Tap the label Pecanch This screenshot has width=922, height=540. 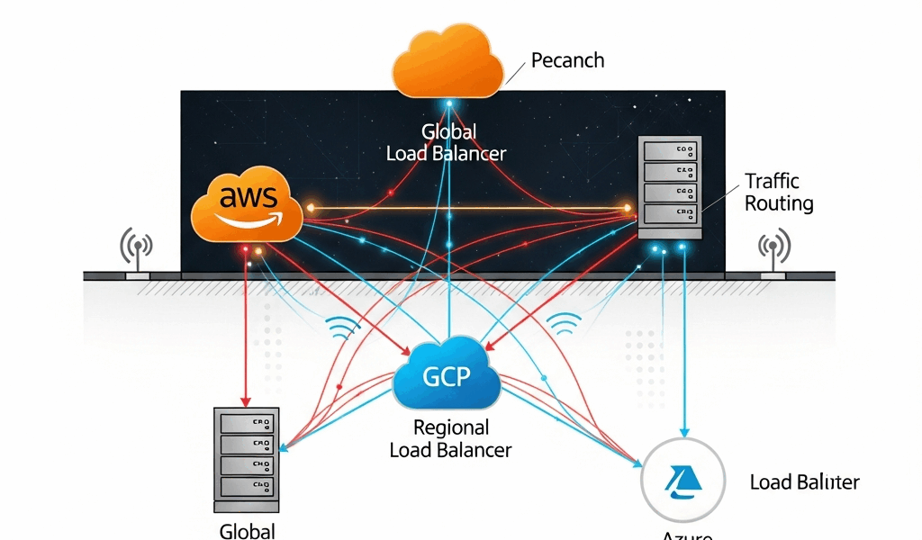coord(567,61)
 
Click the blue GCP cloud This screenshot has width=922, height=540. coord(447,373)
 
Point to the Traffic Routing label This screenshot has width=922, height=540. coord(778,193)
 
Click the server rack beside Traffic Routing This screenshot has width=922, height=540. coord(670,187)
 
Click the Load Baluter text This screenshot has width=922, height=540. coord(804,482)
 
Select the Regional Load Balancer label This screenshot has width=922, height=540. coord(450,438)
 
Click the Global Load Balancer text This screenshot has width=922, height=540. coord(447,143)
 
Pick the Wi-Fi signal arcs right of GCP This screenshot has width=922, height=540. coord(565,325)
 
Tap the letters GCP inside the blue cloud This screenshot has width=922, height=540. coord(447,374)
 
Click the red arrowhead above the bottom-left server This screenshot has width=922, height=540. coord(244,400)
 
